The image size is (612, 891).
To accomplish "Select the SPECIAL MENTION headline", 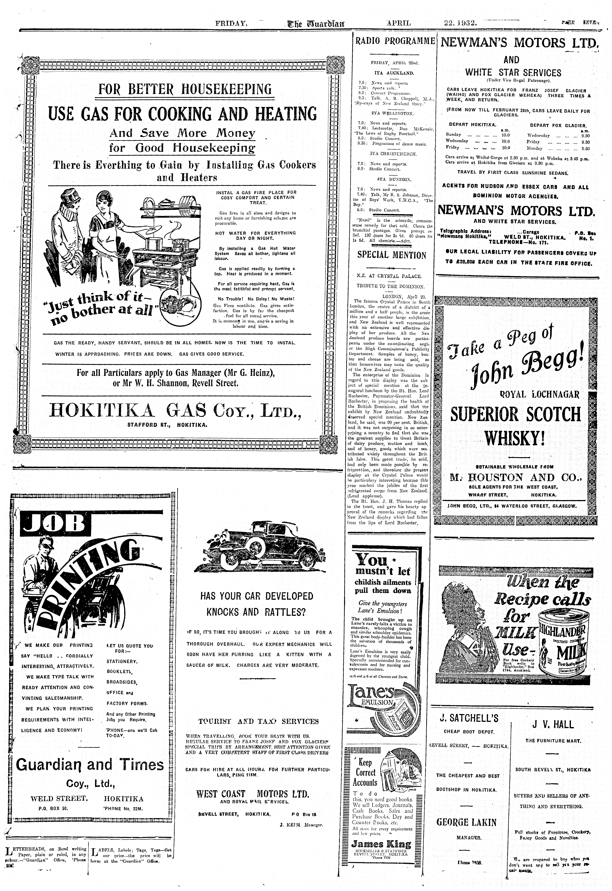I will (391, 255).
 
